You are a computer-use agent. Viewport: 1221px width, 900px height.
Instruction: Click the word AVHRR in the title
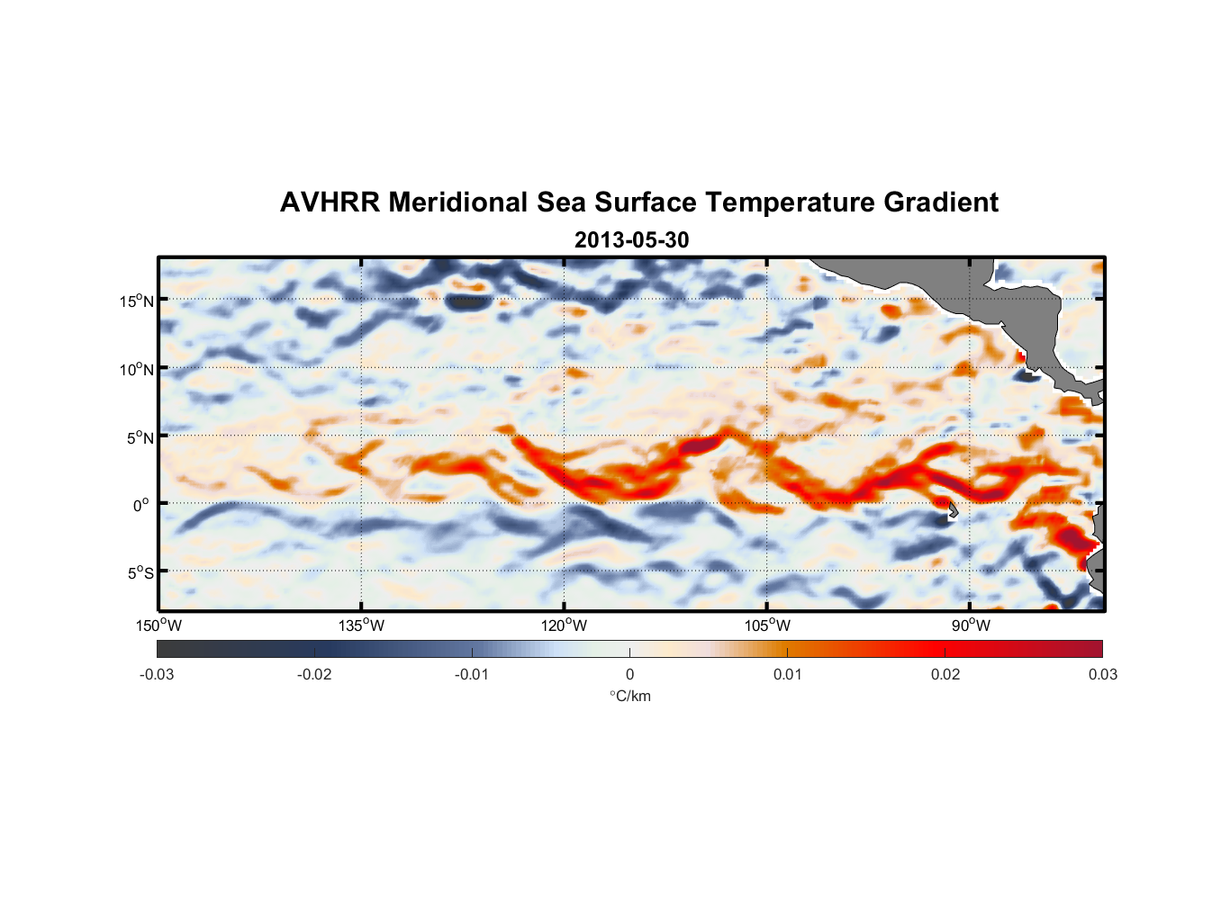pyautogui.click(x=330, y=202)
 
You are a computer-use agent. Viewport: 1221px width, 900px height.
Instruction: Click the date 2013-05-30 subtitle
pyautogui.click(x=631, y=240)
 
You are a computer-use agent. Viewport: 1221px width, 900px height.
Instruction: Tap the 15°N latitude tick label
pyautogui.click(x=137, y=301)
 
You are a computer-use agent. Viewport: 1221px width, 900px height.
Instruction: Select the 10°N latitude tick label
pyautogui.click(x=137, y=369)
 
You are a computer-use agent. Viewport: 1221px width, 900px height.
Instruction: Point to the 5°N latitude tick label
pyautogui.click(x=140, y=437)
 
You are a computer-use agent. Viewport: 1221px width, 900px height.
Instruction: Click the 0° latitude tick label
pyautogui.click(x=141, y=505)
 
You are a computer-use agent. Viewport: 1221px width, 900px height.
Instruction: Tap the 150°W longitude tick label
pyautogui.click(x=158, y=625)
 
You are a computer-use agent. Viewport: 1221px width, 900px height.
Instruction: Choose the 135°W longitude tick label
pyautogui.click(x=361, y=625)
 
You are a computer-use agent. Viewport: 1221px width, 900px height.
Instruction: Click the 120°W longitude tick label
pyautogui.click(x=564, y=625)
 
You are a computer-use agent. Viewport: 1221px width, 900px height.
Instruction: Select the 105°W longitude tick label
pyautogui.click(x=767, y=625)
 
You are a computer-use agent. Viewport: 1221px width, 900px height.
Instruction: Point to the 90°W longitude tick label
pyautogui.click(x=971, y=625)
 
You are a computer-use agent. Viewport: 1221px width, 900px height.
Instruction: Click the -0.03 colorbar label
pyautogui.click(x=157, y=674)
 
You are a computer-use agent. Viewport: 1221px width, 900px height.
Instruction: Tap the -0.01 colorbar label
pyautogui.click(x=472, y=674)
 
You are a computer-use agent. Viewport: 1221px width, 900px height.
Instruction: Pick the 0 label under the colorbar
pyautogui.click(x=629, y=674)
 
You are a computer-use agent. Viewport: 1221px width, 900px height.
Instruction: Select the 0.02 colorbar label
pyautogui.click(x=945, y=674)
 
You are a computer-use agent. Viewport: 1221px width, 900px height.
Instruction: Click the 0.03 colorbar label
pyautogui.click(x=1102, y=674)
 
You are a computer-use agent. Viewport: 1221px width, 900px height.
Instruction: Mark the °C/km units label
pyautogui.click(x=630, y=696)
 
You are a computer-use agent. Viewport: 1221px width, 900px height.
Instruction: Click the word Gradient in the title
pyautogui.click(x=941, y=202)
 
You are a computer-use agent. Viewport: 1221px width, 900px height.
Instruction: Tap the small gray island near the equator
pyautogui.click(x=952, y=509)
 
